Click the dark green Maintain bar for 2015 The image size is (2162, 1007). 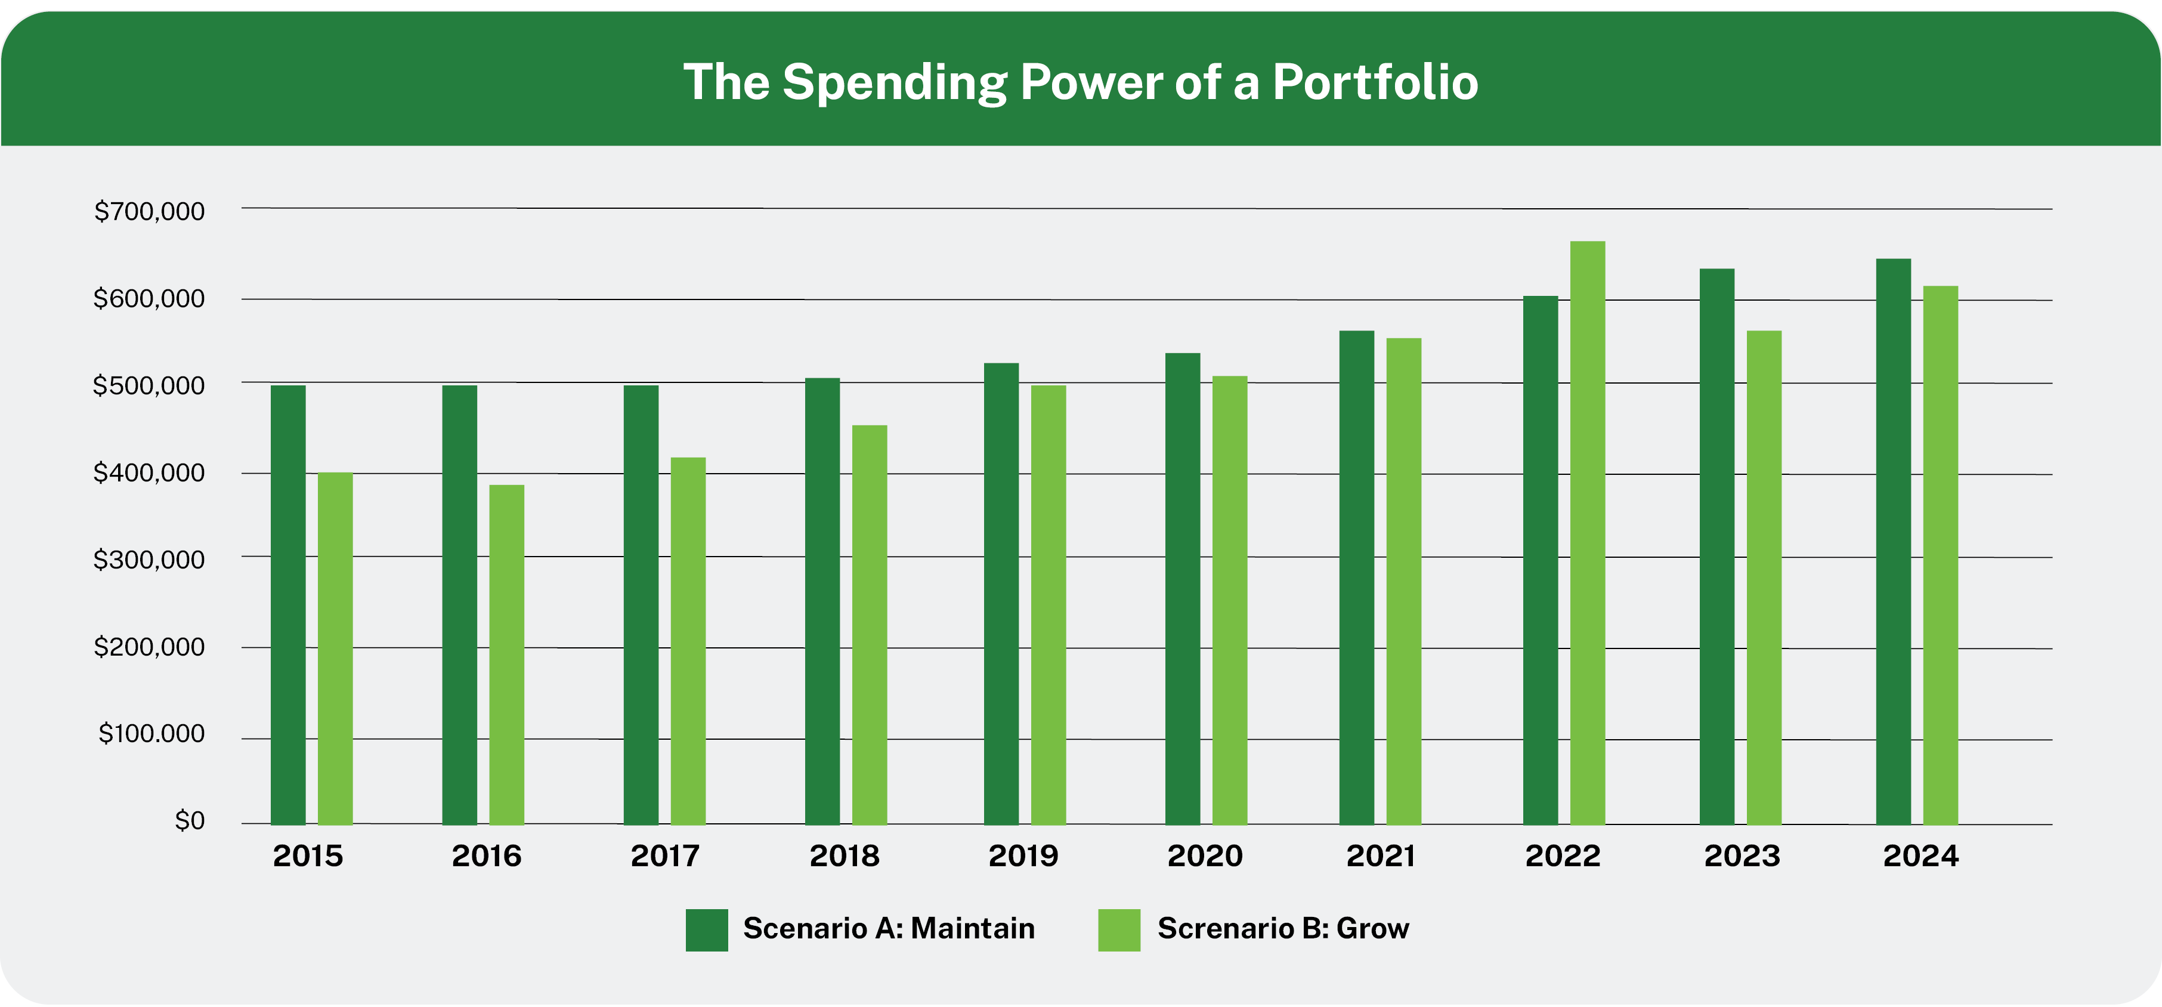point(288,604)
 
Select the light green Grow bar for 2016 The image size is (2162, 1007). point(507,654)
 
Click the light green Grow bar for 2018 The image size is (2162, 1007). point(870,625)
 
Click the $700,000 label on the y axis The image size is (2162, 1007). point(149,211)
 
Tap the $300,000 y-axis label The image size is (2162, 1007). point(149,560)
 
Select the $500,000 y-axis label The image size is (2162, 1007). point(149,386)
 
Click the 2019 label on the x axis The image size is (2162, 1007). point(1023,856)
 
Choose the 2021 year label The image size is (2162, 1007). point(1381,856)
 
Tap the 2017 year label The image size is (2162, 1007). point(665,856)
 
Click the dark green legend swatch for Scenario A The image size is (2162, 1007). point(707,930)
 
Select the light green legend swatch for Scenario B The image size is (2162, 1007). point(1119,930)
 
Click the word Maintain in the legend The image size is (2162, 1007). point(973,929)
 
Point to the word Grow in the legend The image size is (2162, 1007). point(1372,929)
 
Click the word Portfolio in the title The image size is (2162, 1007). point(1375,82)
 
